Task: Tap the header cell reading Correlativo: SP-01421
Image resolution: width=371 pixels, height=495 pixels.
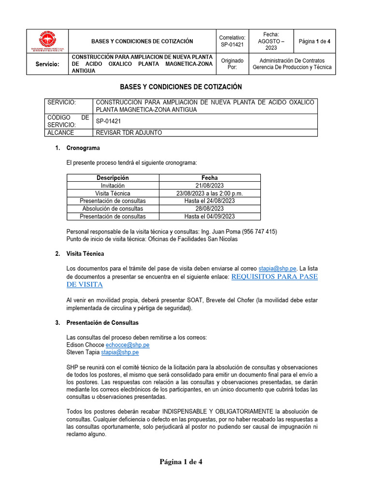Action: (232, 41)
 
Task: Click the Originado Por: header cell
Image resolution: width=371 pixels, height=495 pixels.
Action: (232, 64)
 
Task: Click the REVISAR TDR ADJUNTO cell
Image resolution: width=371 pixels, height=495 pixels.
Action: (129, 133)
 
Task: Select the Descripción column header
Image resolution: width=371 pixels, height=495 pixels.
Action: (113, 178)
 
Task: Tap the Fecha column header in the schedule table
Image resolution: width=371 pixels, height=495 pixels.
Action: (209, 178)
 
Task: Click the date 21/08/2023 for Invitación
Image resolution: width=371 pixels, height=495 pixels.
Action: (209, 186)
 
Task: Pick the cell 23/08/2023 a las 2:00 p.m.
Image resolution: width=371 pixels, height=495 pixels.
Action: (209, 193)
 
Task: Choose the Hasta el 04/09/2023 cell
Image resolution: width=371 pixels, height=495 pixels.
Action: (209, 217)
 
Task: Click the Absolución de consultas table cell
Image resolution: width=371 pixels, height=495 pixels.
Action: (113, 209)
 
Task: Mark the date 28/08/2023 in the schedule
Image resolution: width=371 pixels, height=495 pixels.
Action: (209, 209)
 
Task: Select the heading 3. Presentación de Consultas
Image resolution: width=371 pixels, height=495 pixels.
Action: (102, 322)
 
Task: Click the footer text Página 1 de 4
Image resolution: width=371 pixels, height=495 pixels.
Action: (181, 462)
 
